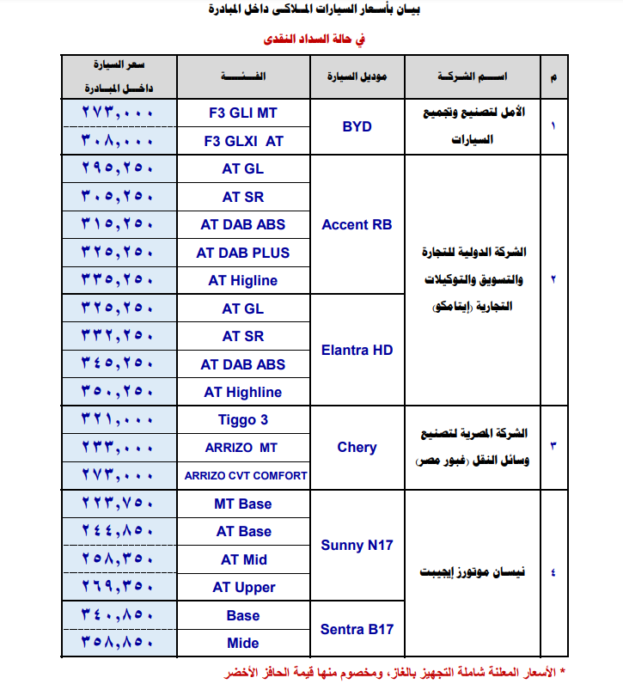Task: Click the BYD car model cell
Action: point(357,126)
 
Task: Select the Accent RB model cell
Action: point(357,224)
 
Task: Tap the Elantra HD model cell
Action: point(357,350)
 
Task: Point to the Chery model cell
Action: point(357,447)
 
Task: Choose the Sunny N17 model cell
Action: point(357,545)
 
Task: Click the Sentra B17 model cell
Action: point(357,629)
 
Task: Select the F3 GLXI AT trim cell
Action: point(243,140)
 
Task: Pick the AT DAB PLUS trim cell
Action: point(243,253)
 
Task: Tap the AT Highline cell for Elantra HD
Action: point(243,392)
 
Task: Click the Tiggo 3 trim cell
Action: point(243,420)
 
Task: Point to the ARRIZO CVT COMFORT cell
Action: point(243,475)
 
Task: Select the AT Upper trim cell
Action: point(243,588)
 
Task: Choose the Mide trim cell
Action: point(243,643)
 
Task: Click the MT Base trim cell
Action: point(243,504)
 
